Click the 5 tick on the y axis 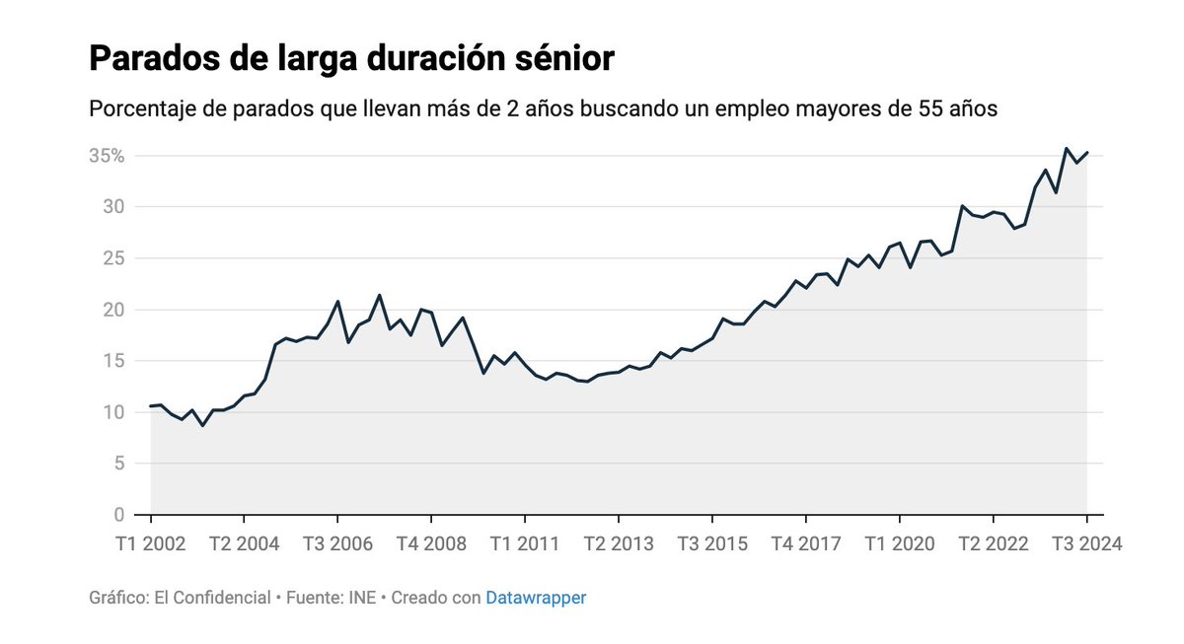click(x=117, y=464)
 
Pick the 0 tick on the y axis click(x=117, y=515)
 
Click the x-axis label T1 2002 click(x=151, y=543)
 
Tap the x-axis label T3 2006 click(x=337, y=543)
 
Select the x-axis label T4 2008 click(x=431, y=543)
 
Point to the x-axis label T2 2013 click(x=619, y=543)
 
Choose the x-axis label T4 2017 click(x=806, y=543)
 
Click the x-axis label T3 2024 click(x=1085, y=543)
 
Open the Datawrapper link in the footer click(x=536, y=598)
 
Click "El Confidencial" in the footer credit click(x=210, y=598)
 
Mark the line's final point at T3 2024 click(x=1086, y=152)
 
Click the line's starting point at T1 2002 click(x=151, y=405)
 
